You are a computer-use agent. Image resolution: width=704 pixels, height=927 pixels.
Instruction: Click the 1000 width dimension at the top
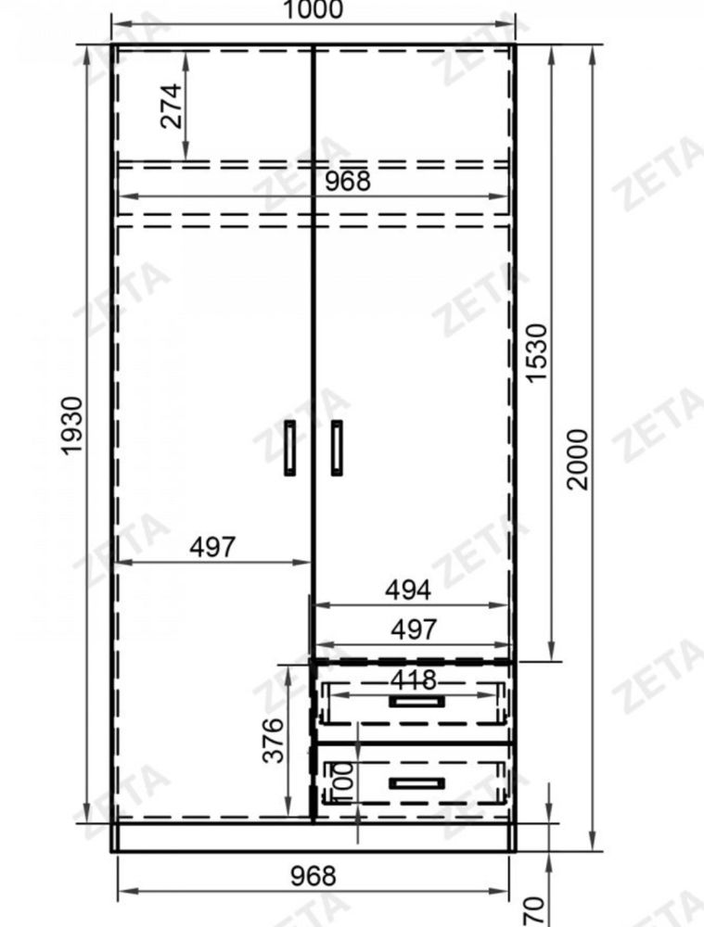[313, 9]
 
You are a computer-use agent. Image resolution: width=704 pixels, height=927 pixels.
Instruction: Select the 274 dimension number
[172, 106]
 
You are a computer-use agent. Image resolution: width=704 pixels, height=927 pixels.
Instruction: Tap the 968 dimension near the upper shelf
[348, 181]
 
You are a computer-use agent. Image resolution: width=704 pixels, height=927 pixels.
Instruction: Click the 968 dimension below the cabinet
[313, 876]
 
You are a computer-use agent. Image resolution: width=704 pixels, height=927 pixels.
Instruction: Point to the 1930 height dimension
[72, 425]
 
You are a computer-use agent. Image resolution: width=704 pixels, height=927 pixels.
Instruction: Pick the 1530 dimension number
[537, 353]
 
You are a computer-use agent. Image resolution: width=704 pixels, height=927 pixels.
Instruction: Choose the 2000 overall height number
[578, 460]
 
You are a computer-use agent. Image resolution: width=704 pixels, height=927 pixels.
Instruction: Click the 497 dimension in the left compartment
[212, 547]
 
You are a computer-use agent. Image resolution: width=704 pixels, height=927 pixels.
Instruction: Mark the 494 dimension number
[408, 590]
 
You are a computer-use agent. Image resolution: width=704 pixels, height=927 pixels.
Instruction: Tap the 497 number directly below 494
[414, 629]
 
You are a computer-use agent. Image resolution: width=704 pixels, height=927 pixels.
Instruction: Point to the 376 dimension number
[274, 741]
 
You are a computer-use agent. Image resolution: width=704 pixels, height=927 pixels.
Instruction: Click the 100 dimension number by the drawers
[343, 781]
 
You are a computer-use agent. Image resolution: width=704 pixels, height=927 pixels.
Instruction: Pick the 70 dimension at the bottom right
[534, 911]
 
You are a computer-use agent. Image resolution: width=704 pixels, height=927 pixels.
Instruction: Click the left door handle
[290, 448]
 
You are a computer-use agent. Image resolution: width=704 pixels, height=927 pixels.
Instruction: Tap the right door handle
[337, 448]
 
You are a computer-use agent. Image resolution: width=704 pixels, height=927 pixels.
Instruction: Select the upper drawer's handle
[416, 701]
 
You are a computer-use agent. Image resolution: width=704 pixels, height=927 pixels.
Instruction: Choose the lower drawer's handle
[416, 783]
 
